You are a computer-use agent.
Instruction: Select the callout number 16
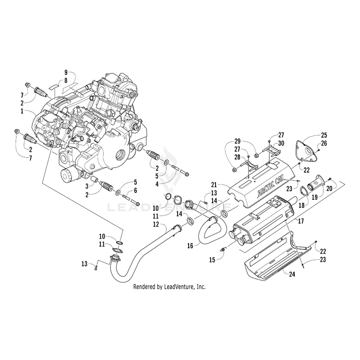tap(190, 245)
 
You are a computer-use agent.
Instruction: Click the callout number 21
tap(215, 184)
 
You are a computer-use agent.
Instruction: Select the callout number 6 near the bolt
tap(135, 191)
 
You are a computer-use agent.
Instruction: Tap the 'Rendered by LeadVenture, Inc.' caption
tap(169, 287)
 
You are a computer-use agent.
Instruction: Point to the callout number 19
tap(315, 197)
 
